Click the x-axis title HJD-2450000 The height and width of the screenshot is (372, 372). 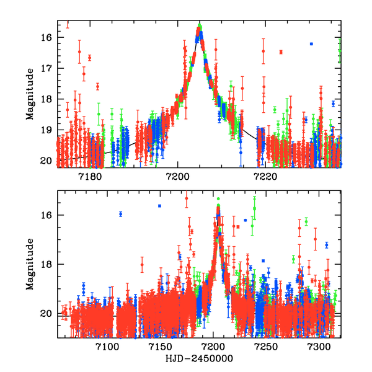200,359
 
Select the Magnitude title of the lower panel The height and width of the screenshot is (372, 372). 30,263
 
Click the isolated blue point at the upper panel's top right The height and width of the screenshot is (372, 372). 311,44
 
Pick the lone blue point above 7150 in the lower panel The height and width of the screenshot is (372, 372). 159,206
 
